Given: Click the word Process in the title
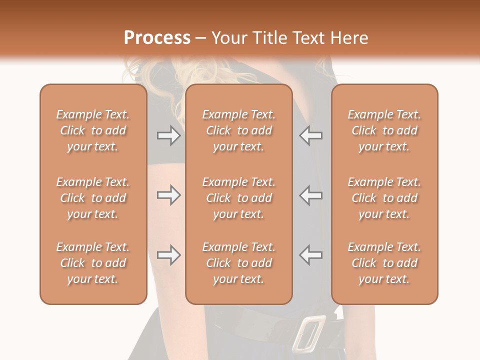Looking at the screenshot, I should pyautogui.click(x=157, y=38).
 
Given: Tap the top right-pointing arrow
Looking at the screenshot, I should pyautogui.click(x=168, y=135).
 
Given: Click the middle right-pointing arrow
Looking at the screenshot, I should pyautogui.click(x=168, y=195).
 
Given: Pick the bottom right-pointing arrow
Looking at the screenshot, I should pyautogui.click(x=168, y=255).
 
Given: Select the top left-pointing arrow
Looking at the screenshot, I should pyautogui.click(x=310, y=135).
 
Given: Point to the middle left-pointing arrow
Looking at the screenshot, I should pyautogui.click(x=310, y=195).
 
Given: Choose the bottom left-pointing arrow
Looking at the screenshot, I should pyautogui.click(x=310, y=255).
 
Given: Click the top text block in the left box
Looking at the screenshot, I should pyautogui.click(x=93, y=130).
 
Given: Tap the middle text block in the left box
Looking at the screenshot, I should pyautogui.click(x=93, y=198).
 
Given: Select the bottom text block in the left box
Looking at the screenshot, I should pyautogui.click(x=93, y=263).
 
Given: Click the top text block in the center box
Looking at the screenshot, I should pyautogui.click(x=238, y=130).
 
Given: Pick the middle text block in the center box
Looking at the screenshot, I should pyautogui.click(x=238, y=198).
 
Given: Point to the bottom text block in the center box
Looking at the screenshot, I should pyautogui.click(x=238, y=263).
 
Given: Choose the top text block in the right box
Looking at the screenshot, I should pyautogui.click(x=384, y=130).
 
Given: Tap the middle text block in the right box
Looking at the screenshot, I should pyautogui.click(x=384, y=198).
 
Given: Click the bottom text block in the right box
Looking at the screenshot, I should pyautogui.click(x=384, y=263).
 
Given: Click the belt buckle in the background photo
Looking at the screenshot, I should pyautogui.click(x=308, y=332).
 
